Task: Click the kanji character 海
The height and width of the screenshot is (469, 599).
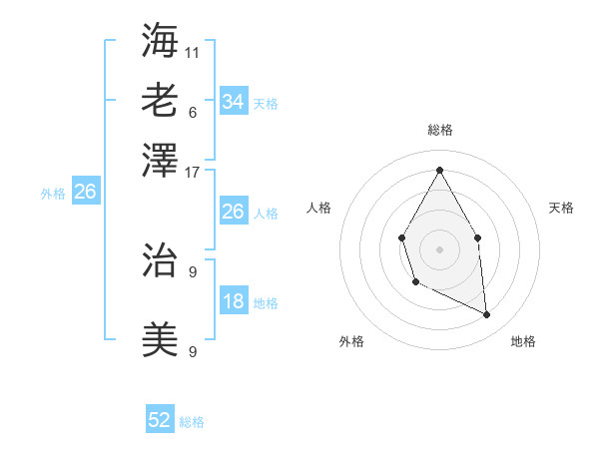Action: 160,40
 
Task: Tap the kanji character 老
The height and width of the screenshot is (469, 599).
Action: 160,100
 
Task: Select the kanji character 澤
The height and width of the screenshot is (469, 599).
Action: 160,160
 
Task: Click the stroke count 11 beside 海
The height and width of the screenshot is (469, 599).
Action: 192,51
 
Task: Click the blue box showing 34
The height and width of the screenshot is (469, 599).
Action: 233,102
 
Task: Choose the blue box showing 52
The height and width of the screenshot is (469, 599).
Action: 160,420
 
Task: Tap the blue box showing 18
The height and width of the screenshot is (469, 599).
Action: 233,301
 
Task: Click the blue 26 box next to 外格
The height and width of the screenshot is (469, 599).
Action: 85,193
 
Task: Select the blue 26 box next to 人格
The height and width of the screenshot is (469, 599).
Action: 233,212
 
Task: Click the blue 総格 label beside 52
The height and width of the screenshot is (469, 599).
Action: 192,422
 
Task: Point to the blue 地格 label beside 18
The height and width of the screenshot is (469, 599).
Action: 266,303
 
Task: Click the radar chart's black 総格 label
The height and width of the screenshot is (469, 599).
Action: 439,130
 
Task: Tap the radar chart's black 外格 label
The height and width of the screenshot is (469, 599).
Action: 351,341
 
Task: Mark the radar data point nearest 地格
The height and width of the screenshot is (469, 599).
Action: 486,315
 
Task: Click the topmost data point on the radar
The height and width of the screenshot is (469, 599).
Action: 439,170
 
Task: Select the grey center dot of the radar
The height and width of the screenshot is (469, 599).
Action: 439,247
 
